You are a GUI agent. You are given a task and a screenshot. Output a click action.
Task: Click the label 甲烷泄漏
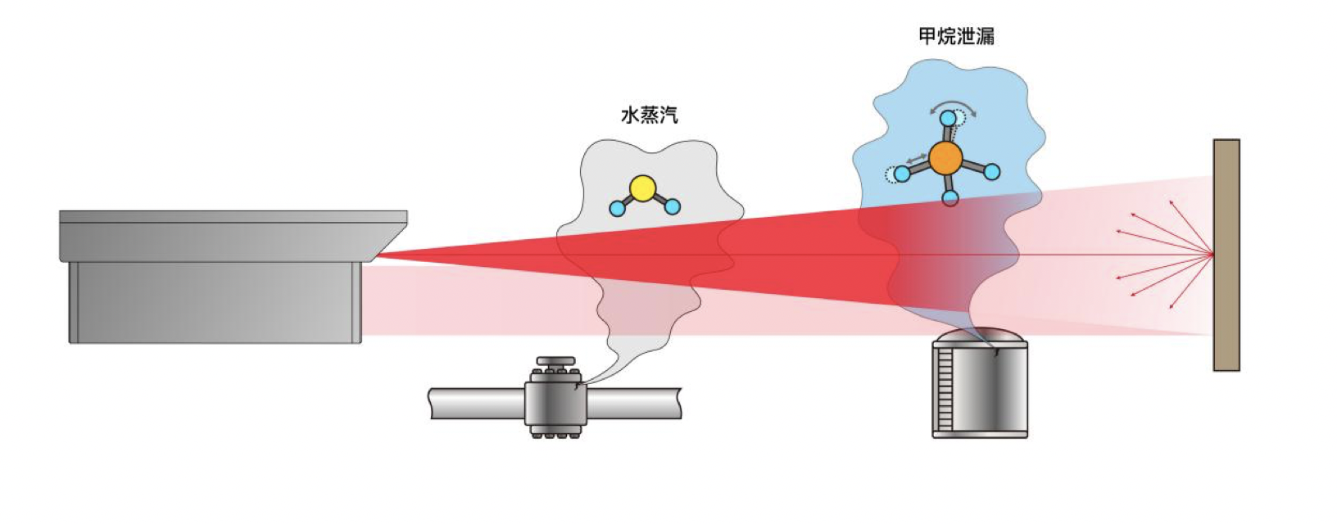click(956, 37)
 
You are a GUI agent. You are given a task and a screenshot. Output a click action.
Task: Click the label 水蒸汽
click(650, 115)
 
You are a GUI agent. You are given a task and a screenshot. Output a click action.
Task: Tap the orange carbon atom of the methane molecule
click(946, 158)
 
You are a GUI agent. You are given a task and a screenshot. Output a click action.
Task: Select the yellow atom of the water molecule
click(643, 188)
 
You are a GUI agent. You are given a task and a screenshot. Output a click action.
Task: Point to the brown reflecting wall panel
click(1226, 255)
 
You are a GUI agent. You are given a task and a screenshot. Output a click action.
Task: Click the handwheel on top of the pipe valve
click(556, 361)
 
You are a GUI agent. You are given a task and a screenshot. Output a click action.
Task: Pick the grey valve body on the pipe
click(555, 402)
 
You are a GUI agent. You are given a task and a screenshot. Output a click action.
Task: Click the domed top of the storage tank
click(981, 335)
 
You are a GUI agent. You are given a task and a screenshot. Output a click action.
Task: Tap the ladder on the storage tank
click(945, 390)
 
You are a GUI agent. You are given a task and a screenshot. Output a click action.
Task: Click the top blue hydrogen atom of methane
click(948, 119)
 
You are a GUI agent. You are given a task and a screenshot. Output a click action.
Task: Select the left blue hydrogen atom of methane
click(902, 174)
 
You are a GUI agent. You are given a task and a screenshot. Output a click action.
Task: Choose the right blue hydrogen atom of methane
click(991, 172)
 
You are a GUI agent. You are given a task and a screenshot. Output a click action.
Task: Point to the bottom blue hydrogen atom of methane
click(950, 197)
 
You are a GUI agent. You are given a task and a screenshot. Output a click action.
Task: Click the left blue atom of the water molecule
click(617, 208)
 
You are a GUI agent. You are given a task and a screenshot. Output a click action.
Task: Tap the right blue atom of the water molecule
click(673, 207)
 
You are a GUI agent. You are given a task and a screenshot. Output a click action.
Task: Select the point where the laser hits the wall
click(1212, 255)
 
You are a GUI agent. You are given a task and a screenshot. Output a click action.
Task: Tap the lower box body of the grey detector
click(215, 301)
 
